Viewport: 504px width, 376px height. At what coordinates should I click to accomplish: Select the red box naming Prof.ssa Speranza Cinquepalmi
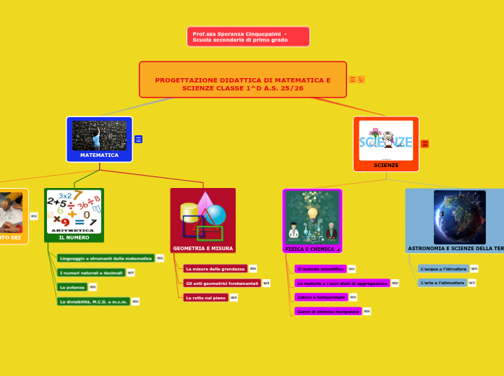coord(248,37)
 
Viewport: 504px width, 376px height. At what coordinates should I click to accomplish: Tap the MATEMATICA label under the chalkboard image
coord(99,155)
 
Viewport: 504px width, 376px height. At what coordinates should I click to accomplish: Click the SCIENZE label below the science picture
coord(386,166)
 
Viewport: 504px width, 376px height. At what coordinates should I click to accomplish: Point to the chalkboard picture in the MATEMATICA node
coord(99,135)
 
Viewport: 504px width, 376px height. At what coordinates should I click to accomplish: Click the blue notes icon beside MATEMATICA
coord(138,140)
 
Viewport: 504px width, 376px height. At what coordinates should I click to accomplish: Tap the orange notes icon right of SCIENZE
coord(424,144)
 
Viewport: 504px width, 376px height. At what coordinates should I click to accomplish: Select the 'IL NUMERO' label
coord(74,237)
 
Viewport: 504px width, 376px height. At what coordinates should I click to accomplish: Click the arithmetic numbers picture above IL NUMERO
coord(74,210)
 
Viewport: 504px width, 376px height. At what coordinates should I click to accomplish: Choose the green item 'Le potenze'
coord(72,287)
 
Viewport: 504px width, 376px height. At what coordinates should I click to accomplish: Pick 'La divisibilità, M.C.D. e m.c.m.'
coord(93,302)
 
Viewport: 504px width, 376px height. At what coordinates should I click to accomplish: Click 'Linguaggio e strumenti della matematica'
coord(105,258)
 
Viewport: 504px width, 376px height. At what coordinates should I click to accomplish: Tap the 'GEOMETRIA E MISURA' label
coord(202,248)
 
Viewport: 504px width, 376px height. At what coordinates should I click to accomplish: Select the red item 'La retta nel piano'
coord(205,297)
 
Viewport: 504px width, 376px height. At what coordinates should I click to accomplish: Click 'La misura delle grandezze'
coord(215,268)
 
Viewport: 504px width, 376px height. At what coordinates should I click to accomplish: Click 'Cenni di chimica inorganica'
coord(328,311)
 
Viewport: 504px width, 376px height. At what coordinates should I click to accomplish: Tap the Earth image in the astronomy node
coord(460,217)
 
